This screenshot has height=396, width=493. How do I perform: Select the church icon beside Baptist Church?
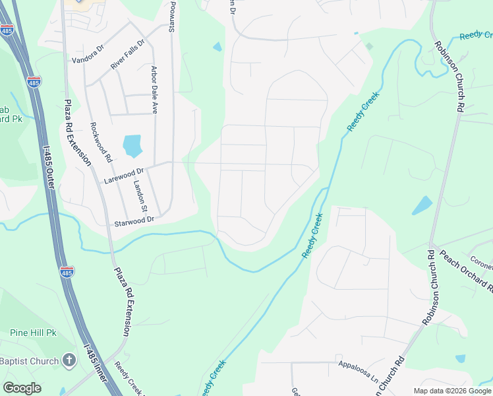[69, 360]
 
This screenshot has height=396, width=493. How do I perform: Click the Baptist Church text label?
[28, 361]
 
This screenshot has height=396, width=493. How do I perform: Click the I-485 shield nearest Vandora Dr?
[34, 82]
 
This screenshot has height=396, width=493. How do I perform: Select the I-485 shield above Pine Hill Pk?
[68, 271]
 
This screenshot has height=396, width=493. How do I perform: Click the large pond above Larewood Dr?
[132, 146]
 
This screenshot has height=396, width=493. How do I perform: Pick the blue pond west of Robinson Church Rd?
[422, 205]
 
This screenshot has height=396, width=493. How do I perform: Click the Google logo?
[22, 388]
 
